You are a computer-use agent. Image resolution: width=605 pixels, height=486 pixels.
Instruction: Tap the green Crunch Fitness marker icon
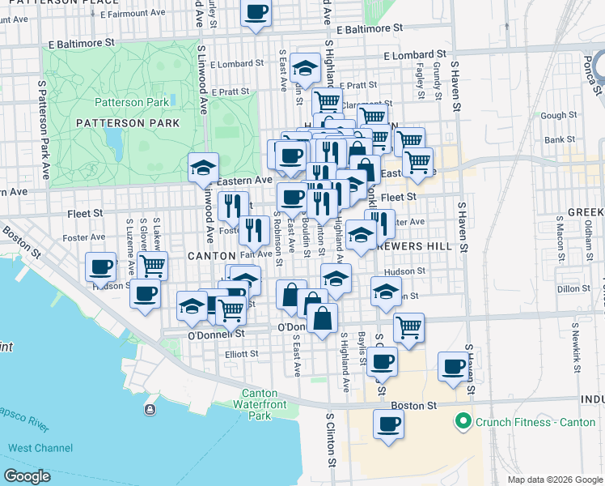463,421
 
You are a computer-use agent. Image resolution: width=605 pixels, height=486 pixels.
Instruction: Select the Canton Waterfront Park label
259,404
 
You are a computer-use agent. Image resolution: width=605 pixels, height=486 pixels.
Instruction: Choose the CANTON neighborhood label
211,256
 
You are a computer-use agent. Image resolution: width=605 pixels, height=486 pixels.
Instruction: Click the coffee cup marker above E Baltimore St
256,13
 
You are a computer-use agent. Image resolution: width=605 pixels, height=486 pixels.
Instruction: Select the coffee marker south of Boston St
388,423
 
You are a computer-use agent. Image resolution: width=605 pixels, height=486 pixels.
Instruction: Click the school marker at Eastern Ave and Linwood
202,168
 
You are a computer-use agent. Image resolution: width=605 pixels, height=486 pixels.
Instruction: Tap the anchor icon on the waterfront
150,410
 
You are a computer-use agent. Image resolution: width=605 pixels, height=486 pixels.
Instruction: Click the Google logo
27,476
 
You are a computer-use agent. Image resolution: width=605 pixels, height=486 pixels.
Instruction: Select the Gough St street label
558,116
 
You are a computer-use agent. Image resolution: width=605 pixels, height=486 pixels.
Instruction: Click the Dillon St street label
573,288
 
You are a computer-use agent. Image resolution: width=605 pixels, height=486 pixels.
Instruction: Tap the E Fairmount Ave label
133,14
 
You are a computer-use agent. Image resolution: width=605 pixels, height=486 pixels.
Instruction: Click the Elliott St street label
242,353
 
